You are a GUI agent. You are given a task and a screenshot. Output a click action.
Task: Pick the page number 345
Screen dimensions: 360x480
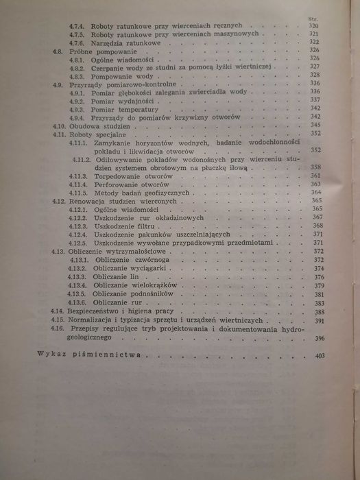click(316, 125)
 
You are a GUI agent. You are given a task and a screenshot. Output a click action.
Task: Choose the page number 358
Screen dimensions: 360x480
click(316, 167)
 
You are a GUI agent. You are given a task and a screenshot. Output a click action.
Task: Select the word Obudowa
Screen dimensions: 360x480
click(84, 126)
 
